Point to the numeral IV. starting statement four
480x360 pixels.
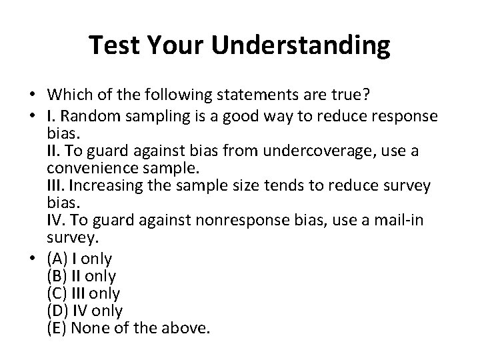pyautogui.click(x=55, y=221)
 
